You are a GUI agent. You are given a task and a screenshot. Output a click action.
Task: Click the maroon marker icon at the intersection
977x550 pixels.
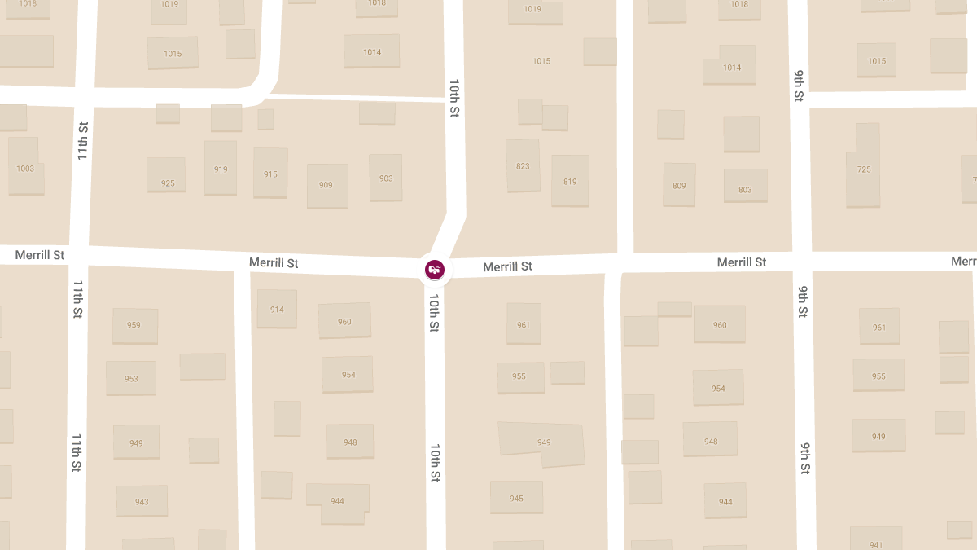(435, 270)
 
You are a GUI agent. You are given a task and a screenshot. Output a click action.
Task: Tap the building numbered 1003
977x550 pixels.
(25, 168)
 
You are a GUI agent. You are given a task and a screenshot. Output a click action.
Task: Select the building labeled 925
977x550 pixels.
(167, 183)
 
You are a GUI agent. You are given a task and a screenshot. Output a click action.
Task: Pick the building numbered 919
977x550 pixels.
(221, 169)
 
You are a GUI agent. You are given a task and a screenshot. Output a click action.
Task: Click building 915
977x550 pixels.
(270, 174)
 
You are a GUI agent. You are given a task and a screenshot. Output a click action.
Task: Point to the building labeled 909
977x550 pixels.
(326, 185)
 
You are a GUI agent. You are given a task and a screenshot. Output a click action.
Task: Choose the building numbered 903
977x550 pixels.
(386, 178)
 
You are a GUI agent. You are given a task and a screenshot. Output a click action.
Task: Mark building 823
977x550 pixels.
(523, 165)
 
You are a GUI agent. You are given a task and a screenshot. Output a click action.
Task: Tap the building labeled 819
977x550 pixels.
(570, 181)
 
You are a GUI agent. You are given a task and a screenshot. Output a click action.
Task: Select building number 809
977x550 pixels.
(679, 185)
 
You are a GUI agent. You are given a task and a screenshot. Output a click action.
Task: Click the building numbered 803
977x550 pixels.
(745, 189)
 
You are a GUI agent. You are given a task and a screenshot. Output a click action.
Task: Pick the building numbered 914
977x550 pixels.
(277, 309)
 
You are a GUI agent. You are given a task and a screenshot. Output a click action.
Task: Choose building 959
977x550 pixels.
(134, 325)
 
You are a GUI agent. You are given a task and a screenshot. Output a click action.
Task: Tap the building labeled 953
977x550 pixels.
(131, 378)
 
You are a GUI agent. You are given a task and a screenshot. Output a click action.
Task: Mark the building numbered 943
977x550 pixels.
(142, 501)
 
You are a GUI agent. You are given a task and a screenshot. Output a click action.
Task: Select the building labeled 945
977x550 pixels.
(516, 497)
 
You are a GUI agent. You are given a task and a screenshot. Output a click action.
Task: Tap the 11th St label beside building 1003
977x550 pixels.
(83, 140)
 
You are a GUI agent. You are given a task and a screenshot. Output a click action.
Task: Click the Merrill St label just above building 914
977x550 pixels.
(274, 263)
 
